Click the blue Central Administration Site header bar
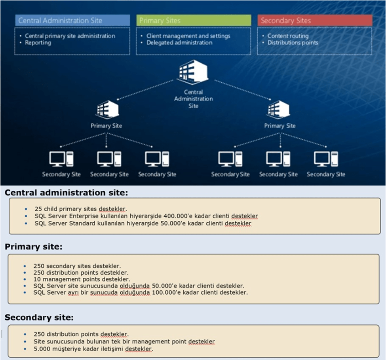pyautogui.click(x=72, y=21)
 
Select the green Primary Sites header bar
pyautogui.click(x=194, y=21)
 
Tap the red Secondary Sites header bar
pyautogui.click(x=315, y=21)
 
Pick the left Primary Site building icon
pyautogui.click(x=106, y=109)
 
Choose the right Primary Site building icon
pyautogui.click(x=280, y=109)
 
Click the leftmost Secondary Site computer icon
pyautogui.click(x=61, y=159)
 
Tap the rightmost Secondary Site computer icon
pyautogui.click(x=326, y=159)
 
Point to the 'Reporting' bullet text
pyautogui.click(x=38, y=43)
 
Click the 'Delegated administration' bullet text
pyautogui.click(x=179, y=43)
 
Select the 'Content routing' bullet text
pyautogui.click(x=288, y=36)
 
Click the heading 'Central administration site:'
pyautogui.click(x=67, y=193)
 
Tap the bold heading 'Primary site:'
pyautogui.click(x=34, y=247)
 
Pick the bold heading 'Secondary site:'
pyautogui.click(x=39, y=317)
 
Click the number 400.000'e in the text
pyautogui.click(x=177, y=216)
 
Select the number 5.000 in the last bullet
pyautogui.click(x=42, y=349)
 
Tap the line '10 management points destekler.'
pyautogui.click(x=82, y=279)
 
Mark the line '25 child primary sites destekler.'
pyautogui.click(x=80, y=209)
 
